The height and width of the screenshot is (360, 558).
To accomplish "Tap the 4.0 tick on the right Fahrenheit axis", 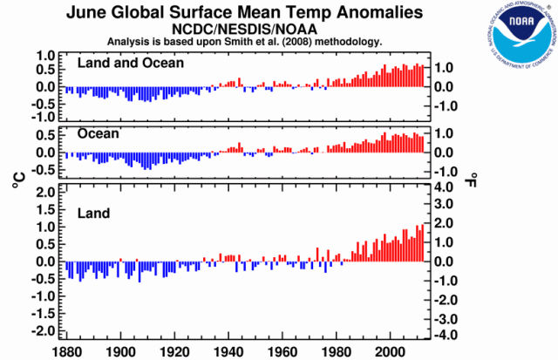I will click(x=445, y=187).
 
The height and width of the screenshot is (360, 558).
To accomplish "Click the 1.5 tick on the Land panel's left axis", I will click(x=44, y=208).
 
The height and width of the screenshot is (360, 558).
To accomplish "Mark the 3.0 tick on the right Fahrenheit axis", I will click(x=445, y=206).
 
